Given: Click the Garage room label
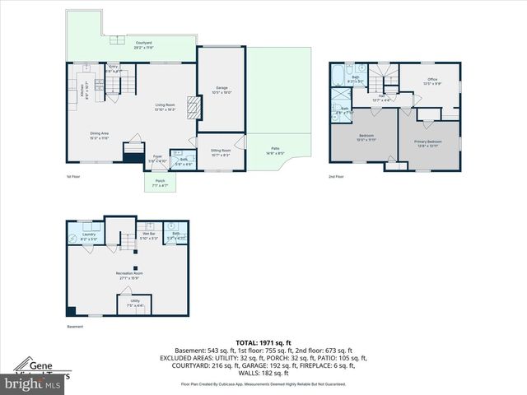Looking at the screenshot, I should tap(222, 89).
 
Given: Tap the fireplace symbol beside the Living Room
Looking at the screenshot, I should tap(194, 107).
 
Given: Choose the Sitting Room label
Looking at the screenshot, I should tap(221, 152).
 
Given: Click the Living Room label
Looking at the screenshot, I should tap(166, 106).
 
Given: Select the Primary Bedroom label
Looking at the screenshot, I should tap(427, 143).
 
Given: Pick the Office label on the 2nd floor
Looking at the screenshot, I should tap(431, 81).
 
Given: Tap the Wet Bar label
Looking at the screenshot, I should tap(149, 235).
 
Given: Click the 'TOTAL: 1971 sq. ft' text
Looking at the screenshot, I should tap(263, 342).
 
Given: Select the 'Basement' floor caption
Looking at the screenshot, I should tap(75, 327).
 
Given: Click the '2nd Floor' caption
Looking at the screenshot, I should tap(336, 176).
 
